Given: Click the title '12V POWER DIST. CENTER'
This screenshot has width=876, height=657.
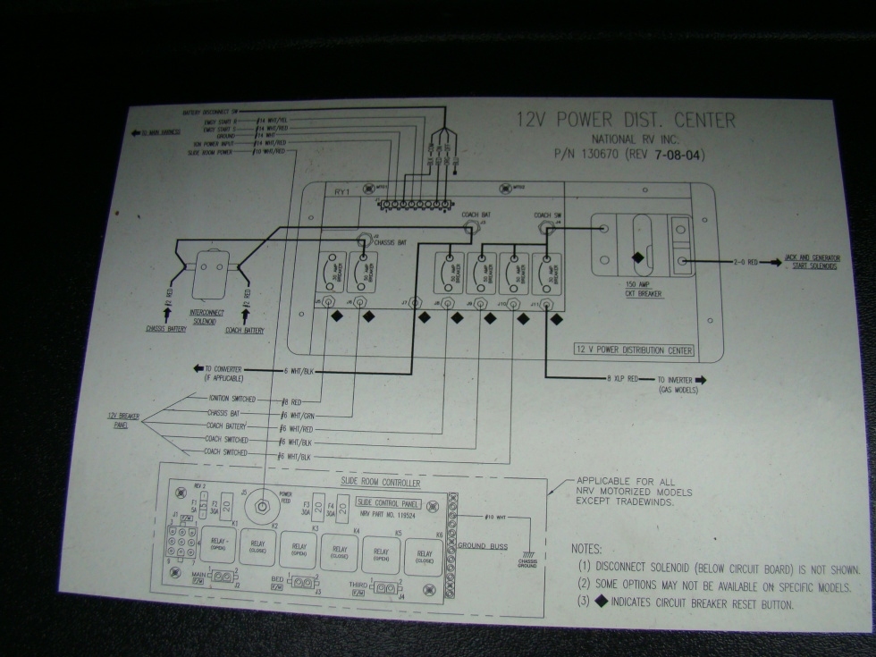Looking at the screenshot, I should tap(627, 121).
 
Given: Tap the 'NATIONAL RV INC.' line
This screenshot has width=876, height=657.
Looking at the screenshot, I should tap(635, 139).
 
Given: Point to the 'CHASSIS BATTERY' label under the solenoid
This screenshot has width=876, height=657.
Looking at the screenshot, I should tap(166, 329).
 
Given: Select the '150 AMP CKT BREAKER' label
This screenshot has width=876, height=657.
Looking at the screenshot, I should tap(644, 289).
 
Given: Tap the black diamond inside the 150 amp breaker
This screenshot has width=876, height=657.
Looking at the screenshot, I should tap(637, 257).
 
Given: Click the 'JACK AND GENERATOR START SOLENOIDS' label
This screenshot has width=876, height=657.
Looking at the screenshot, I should tap(812, 262).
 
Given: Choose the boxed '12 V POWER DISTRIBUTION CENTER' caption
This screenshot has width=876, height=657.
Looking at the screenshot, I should tap(634, 350).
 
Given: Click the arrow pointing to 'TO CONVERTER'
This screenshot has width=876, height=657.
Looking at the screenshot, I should tap(198, 368).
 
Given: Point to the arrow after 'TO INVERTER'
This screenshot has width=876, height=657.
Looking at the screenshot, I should tap(701, 380).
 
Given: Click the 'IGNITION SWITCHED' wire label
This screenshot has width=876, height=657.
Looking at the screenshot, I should tap(231, 399).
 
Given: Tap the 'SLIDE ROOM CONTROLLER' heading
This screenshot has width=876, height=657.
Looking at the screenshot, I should tap(380, 484).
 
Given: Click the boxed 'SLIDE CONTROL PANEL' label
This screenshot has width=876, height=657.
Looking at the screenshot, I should tap(389, 502).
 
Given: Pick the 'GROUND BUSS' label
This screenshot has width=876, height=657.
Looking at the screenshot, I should tap(483, 545).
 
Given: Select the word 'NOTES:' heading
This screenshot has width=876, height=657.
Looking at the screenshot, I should tap(586, 549).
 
